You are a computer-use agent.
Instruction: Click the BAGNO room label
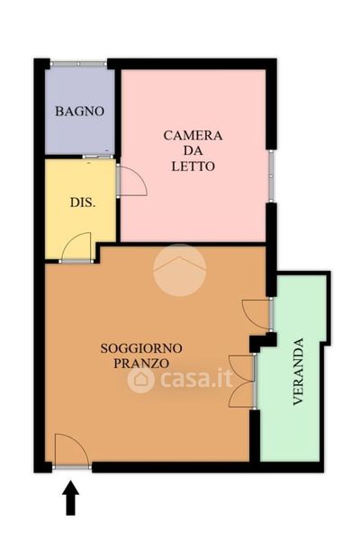click(x=79, y=112)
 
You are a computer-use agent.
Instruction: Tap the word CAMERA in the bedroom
click(x=193, y=135)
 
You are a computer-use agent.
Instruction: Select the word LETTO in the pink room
click(x=193, y=166)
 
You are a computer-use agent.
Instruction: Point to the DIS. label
click(x=83, y=202)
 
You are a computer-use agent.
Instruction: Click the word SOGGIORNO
click(x=141, y=348)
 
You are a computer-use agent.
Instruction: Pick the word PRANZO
click(x=141, y=364)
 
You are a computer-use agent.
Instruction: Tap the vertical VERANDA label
click(x=298, y=372)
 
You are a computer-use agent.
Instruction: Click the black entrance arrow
click(x=70, y=498)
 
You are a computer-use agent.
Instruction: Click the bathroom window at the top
click(x=78, y=64)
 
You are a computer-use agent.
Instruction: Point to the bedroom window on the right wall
click(x=271, y=176)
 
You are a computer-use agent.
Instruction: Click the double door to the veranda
click(x=242, y=381)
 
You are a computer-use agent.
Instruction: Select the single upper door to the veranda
click(x=256, y=314)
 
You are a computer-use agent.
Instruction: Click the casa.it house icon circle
click(x=141, y=380)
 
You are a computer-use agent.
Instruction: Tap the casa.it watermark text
click(x=196, y=379)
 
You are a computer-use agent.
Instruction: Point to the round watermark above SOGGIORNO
click(x=180, y=270)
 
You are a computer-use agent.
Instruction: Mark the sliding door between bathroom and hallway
click(x=98, y=157)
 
